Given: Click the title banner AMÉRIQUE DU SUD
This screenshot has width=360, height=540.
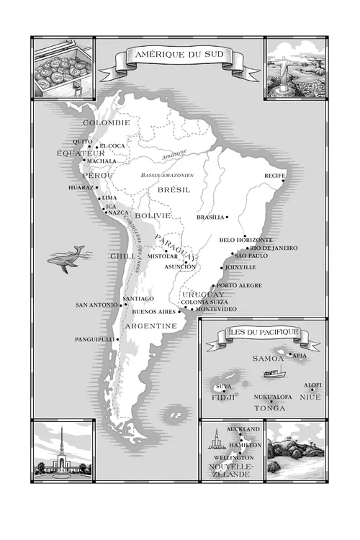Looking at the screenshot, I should (176, 55).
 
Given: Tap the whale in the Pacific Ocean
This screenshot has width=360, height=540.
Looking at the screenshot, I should (67, 257).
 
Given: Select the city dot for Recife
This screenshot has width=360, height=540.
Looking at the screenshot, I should (285, 181).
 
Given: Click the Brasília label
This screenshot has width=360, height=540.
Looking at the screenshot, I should (211, 217).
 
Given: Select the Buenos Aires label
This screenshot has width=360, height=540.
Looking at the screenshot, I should (154, 312).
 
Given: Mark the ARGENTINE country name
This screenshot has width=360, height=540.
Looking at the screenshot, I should (151, 326).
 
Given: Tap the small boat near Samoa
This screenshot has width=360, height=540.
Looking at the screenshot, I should (274, 374).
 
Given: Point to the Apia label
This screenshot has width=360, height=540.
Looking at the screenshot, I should (300, 355).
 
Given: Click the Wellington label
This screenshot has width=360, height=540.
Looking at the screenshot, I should (233, 457).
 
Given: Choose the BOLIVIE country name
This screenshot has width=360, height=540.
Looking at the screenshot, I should (153, 215).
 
